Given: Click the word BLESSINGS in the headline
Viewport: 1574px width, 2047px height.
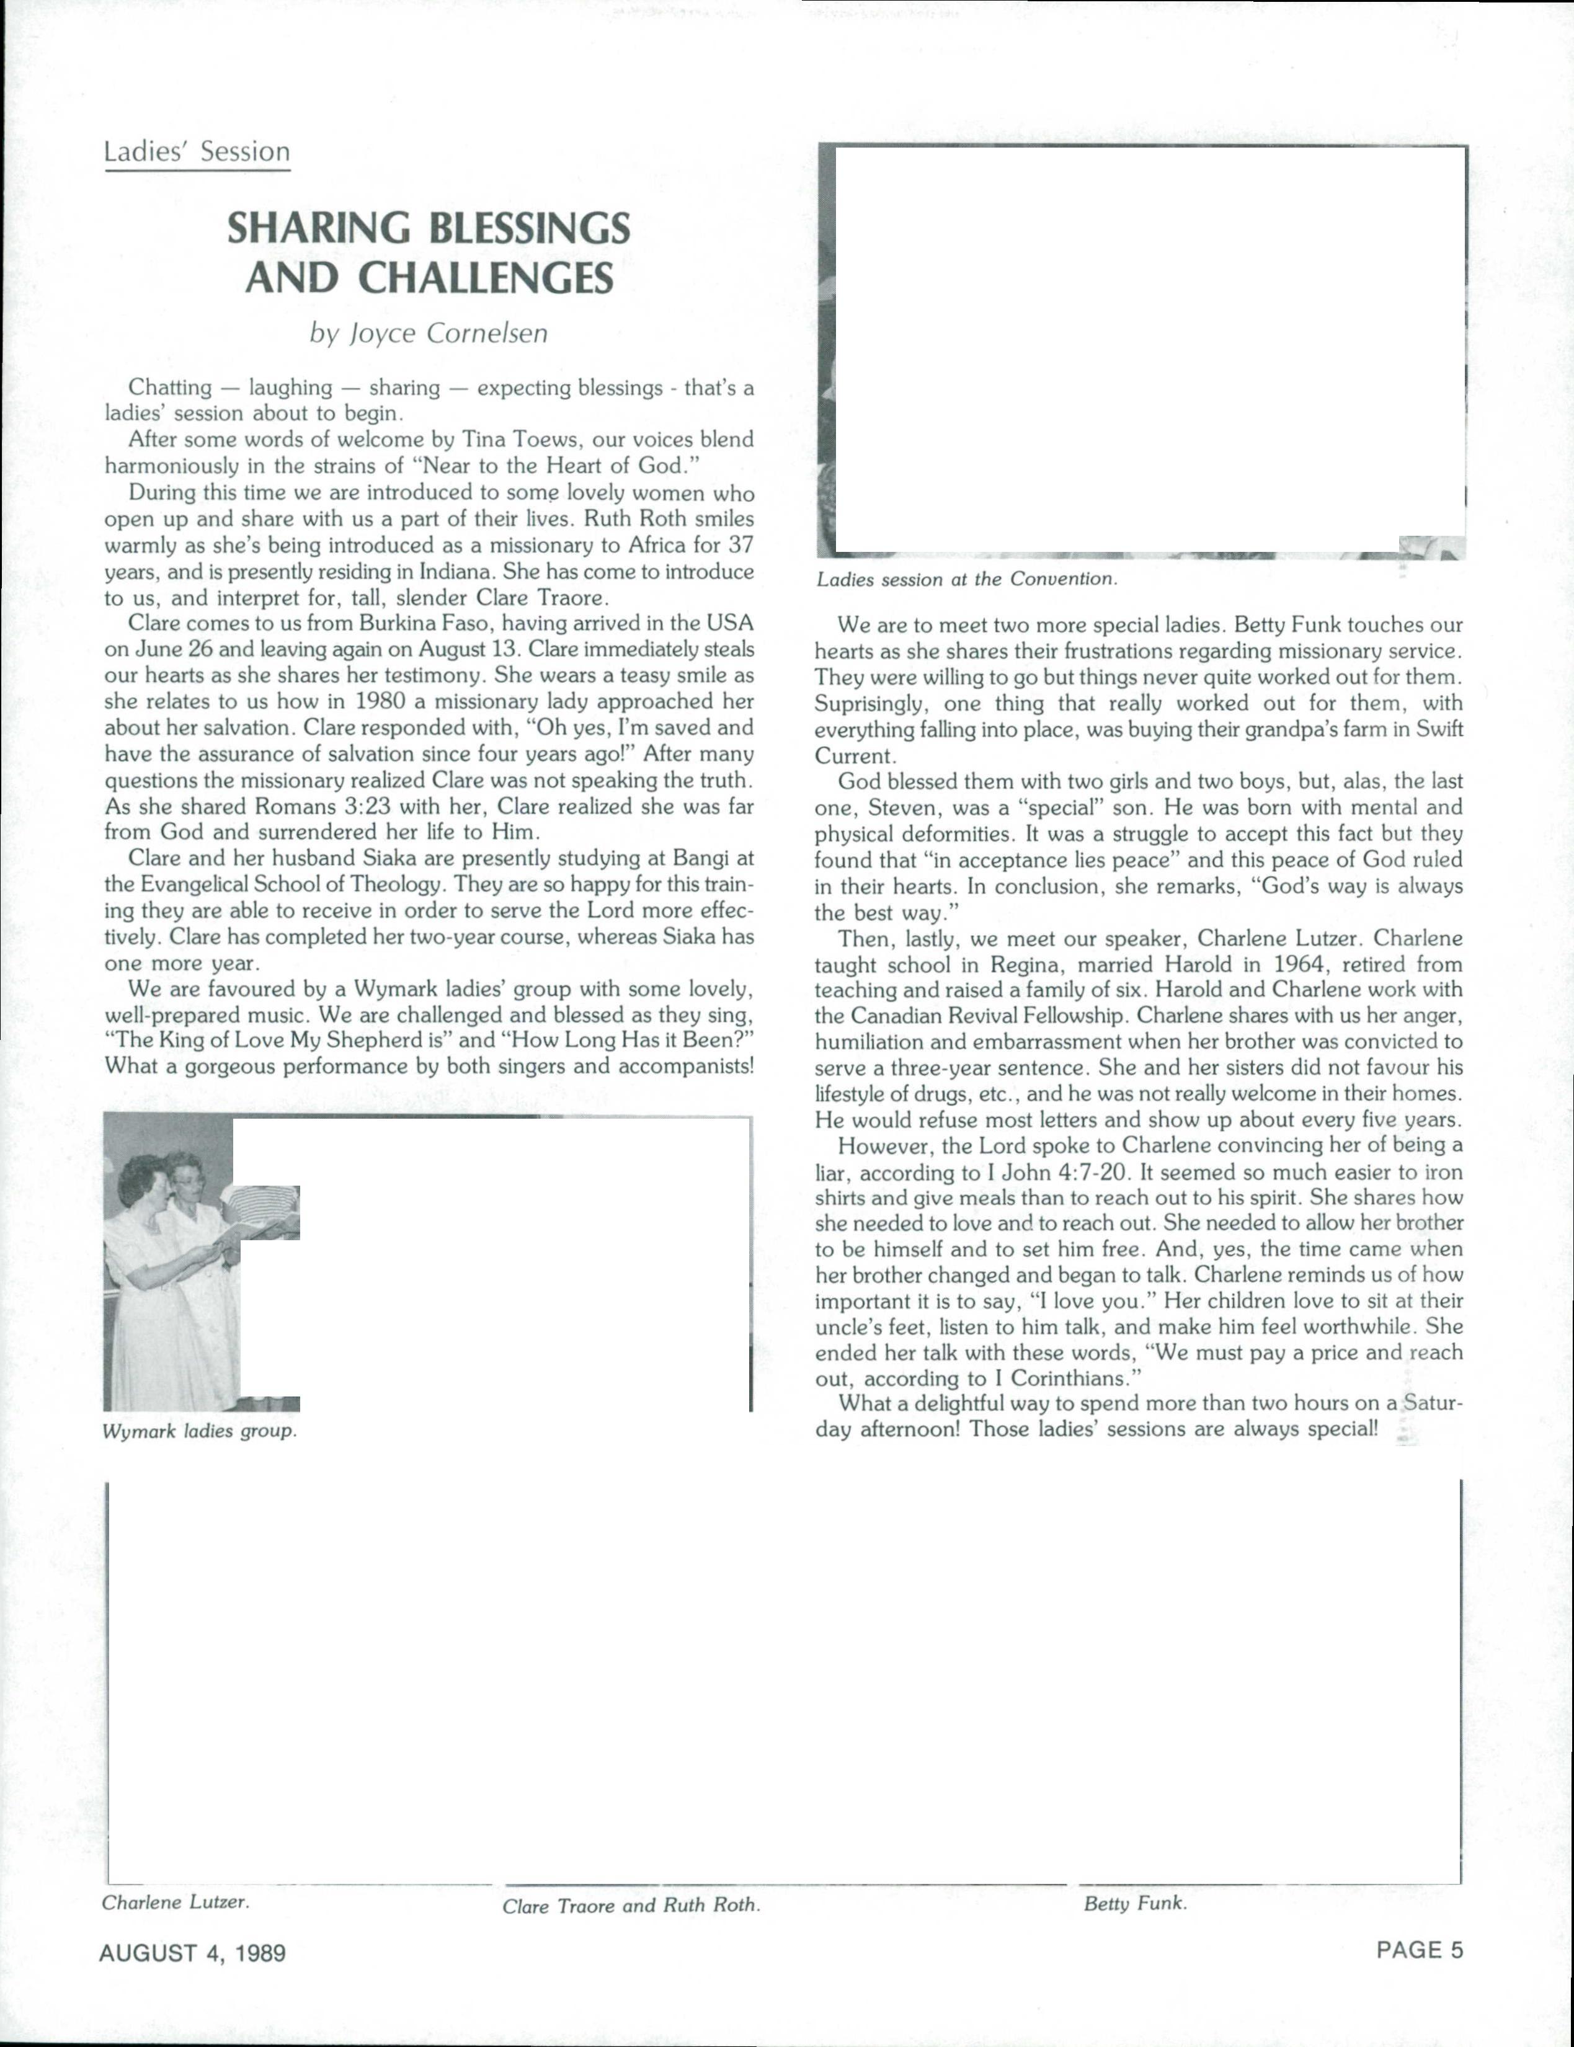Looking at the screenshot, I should pos(528,229).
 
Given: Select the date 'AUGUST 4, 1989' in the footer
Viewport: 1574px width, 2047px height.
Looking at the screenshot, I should pos(192,1953).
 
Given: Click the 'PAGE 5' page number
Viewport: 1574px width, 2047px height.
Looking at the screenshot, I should pos(1418,1950).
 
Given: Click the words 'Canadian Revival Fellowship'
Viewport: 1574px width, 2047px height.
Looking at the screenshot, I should pos(982,1016).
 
